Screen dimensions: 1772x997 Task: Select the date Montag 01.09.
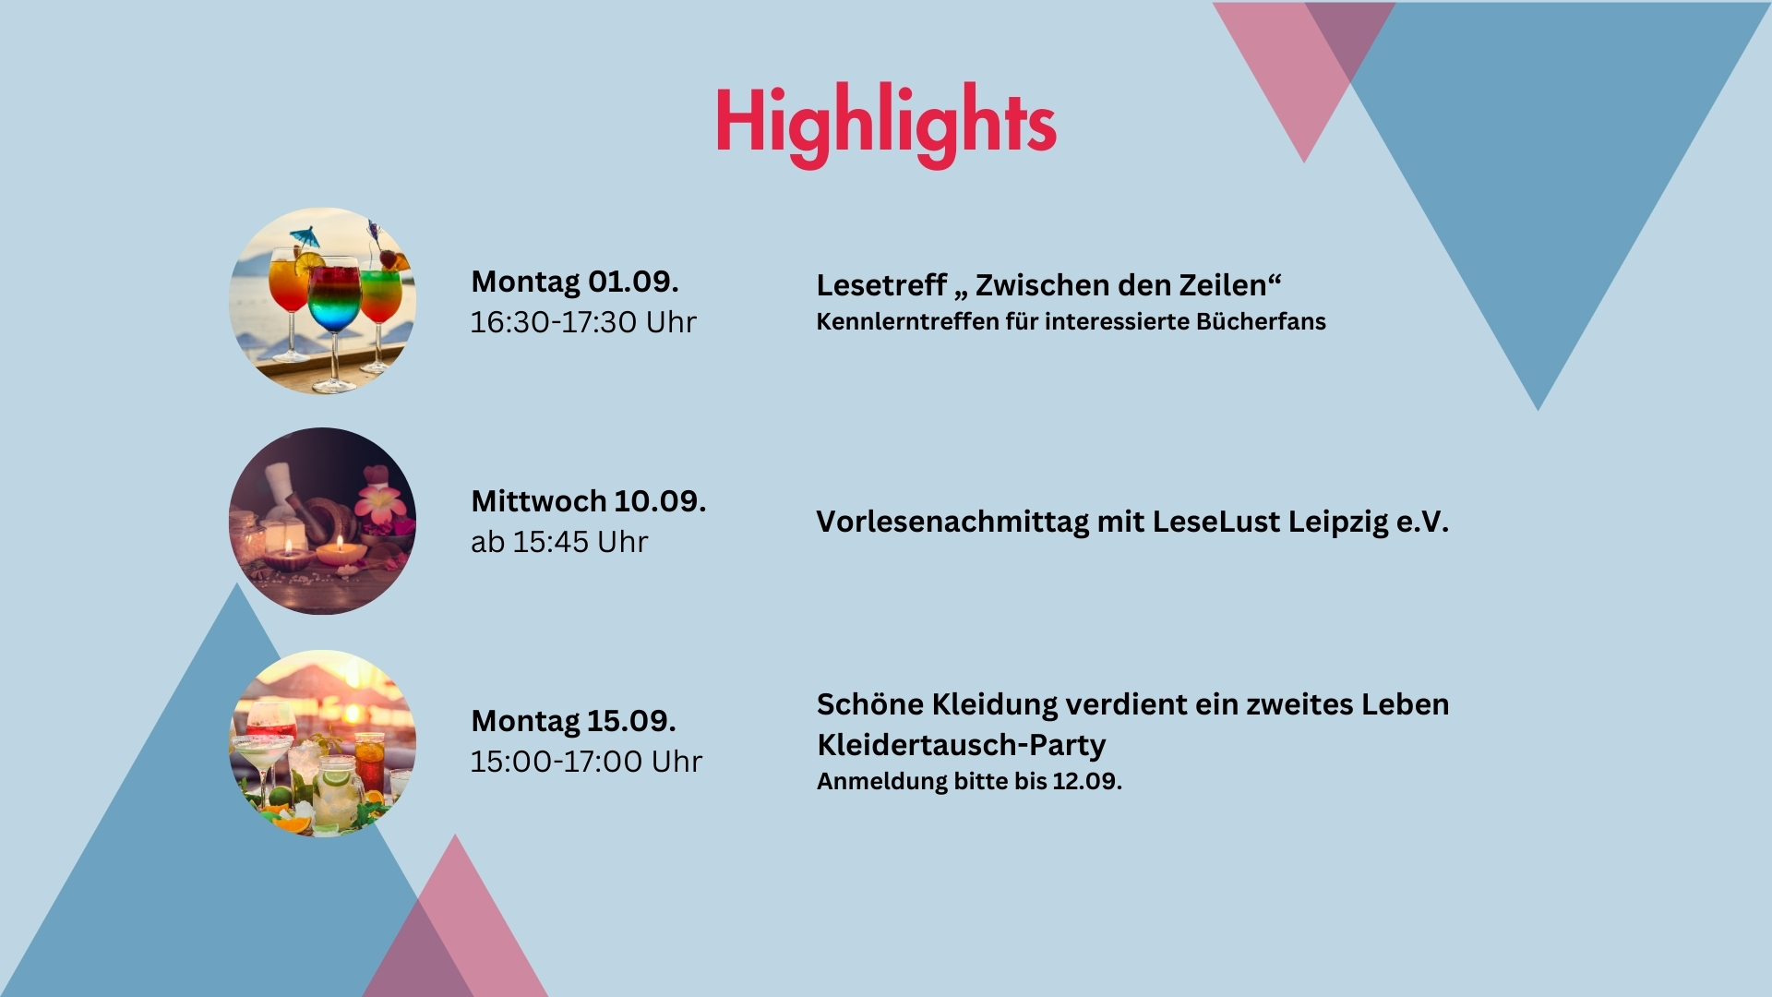point(575,282)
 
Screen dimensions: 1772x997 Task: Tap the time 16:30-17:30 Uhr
point(583,322)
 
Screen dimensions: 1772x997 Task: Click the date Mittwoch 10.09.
point(589,501)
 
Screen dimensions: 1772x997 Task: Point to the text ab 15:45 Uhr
point(559,542)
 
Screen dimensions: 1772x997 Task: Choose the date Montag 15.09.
point(574,721)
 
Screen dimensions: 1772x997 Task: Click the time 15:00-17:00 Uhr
point(587,762)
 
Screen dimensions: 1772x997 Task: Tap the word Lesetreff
point(881,285)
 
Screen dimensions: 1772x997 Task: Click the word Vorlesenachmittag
point(952,523)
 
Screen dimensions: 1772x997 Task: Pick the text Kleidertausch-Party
point(962,745)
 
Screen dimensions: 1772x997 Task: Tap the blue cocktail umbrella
point(305,236)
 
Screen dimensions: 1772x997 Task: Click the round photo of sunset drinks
point(322,743)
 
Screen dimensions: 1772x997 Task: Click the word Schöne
point(870,704)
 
